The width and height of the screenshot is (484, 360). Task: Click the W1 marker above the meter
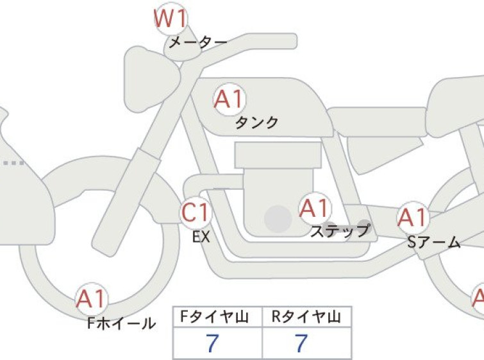[x=171, y=19]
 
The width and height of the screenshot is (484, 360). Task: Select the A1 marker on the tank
[x=229, y=99]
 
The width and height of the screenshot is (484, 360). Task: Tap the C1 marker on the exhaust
[x=196, y=212]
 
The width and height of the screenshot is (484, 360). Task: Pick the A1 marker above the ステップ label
[x=315, y=209]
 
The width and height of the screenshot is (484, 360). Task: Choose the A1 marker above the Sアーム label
[x=413, y=218]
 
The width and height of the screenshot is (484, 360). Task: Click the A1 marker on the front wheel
[x=92, y=299]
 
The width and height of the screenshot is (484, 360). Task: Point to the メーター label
[x=198, y=42]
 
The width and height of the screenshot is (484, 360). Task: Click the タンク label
[x=257, y=123]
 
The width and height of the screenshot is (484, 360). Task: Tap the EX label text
[x=201, y=237]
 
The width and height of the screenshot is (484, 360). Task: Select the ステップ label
[x=340, y=231]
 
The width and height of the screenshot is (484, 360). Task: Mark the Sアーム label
[x=434, y=243]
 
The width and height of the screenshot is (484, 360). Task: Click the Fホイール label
[x=122, y=323]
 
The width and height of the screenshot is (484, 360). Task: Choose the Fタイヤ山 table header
[x=215, y=317]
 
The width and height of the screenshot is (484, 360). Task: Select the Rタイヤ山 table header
[x=306, y=317]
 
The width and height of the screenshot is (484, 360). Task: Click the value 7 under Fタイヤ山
[x=212, y=343]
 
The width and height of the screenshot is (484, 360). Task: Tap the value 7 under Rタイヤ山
[x=301, y=343]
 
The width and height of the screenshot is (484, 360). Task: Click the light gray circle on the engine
[x=278, y=219]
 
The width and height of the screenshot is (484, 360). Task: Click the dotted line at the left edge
[x=14, y=163]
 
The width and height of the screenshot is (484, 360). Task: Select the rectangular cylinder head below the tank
[x=278, y=155]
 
